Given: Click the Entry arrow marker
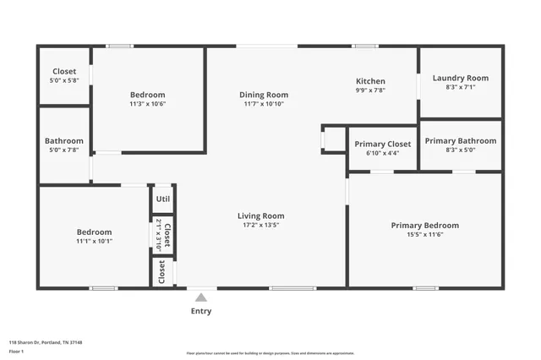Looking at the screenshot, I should coord(200,297).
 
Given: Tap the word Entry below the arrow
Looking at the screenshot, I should coord(200,311).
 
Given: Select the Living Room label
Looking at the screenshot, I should coord(260,216).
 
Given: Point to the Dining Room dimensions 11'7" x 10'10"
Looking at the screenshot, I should coord(264,104).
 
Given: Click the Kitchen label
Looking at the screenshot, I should coord(369,81).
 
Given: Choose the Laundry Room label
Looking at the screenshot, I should coord(460,78).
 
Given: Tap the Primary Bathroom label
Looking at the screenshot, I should coord(460,140).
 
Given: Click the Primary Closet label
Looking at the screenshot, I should coord(382,144).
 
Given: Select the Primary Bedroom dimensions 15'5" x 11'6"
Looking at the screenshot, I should coord(424,235).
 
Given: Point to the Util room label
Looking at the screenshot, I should coord(163,199).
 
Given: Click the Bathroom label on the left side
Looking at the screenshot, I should coord(64,141).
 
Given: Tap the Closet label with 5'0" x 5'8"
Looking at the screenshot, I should coord(64,72).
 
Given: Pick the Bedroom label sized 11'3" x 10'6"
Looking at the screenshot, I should coord(147,95).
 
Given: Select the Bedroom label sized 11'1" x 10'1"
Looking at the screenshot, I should coord(94,232).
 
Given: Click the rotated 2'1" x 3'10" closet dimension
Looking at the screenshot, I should coord(158,235).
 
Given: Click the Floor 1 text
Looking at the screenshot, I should coord(17,350).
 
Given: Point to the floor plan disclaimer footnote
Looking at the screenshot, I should coord(270,353).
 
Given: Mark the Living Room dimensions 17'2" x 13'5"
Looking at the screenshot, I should coord(260,226).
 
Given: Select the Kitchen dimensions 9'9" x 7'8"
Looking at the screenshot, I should coord(369,90).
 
